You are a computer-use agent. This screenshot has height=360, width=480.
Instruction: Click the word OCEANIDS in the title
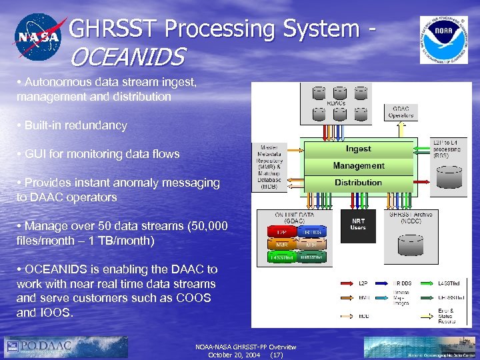pyautogui.click(x=127, y=57)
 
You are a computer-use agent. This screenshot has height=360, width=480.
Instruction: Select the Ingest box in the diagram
pyautogui.click(x=359, y=148)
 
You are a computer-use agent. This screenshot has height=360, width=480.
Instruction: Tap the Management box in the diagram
pyautogui.click(x=359, y=165)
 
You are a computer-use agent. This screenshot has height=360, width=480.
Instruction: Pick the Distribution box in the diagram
pyautogui.click(x=359, y=183)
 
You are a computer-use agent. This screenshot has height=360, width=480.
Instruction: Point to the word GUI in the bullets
pyautogui.click(x=35, y=154)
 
